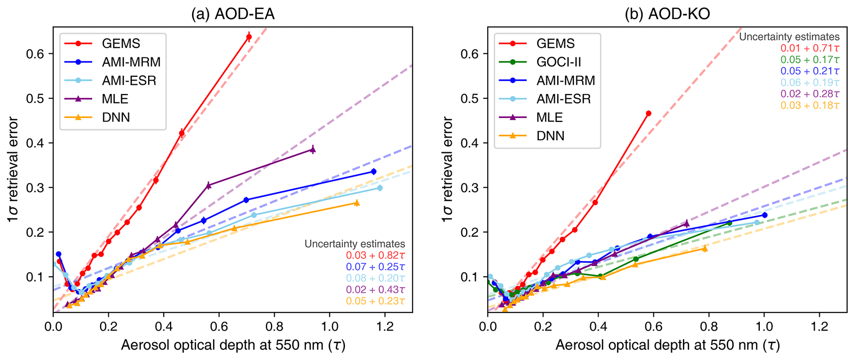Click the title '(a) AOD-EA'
(232, 14)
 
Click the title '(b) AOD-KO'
(667, 14)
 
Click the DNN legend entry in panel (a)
(116, 118)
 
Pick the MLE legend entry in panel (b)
(549, 118)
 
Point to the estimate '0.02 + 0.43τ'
(375, 289)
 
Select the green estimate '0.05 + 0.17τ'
(810, 60)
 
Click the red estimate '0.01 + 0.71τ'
(810, 48)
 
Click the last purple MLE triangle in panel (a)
(313, 150)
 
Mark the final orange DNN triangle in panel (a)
(357, 203)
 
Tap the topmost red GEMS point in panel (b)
(649, 113)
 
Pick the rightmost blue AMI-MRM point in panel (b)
(764, 215)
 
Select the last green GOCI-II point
(729, 223)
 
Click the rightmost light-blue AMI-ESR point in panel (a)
(380, 188)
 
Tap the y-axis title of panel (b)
(448, 169)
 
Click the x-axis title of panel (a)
(233, 345)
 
